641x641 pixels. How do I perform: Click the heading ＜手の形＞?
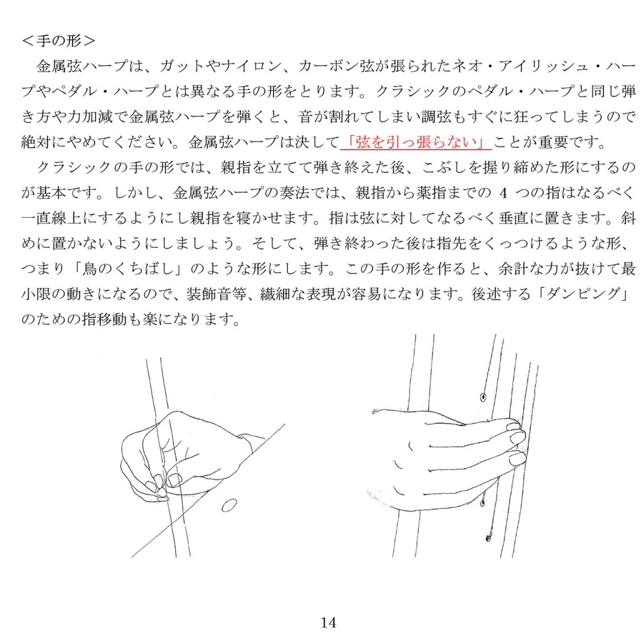58,41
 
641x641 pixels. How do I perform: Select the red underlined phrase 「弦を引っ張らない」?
416,142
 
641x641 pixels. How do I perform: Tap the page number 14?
328,623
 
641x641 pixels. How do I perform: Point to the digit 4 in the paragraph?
503,193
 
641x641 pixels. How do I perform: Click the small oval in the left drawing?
229,506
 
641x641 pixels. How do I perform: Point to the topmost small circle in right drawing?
483,396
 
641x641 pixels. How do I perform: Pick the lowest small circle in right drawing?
488,538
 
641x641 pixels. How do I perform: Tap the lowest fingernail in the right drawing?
516,458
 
